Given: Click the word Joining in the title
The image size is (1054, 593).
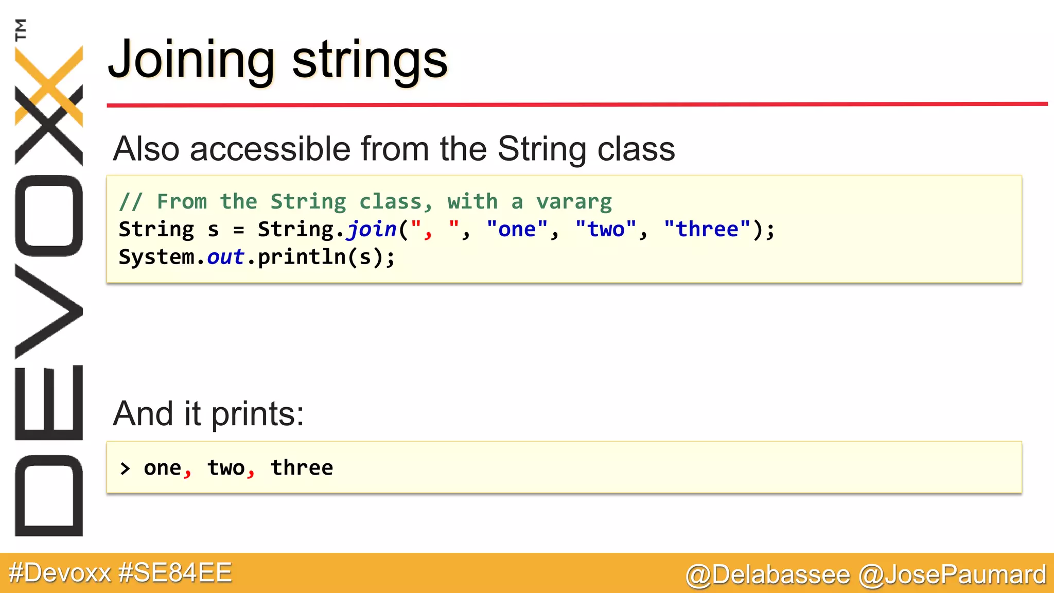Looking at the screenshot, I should [x=190, y=61].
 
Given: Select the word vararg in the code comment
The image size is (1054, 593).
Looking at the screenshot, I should [x=574, y=201].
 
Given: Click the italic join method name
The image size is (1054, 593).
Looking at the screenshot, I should [x=372, y=229].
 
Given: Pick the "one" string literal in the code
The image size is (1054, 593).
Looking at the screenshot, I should [x=517, y=229].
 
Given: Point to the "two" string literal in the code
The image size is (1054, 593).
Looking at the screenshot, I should [x=605, y=229].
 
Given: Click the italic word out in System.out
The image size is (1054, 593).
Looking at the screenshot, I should [x=225, y=257].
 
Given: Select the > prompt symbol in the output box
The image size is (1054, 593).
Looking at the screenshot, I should [x=125, y=468].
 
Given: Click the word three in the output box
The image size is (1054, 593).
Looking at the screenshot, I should [x=302, y=468].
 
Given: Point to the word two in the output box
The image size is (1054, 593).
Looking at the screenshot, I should [x=226, y=468].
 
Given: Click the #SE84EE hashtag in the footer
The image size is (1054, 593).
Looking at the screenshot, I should [x=175, y=573].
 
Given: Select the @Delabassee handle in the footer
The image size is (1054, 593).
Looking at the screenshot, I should [x=767, y=574].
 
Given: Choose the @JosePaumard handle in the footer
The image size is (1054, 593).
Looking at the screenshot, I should [x=952, y=574].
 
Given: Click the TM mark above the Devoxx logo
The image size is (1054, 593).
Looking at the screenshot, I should [x=21, y=29].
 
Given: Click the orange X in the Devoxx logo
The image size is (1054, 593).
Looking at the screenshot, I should [x=49, y=85].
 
